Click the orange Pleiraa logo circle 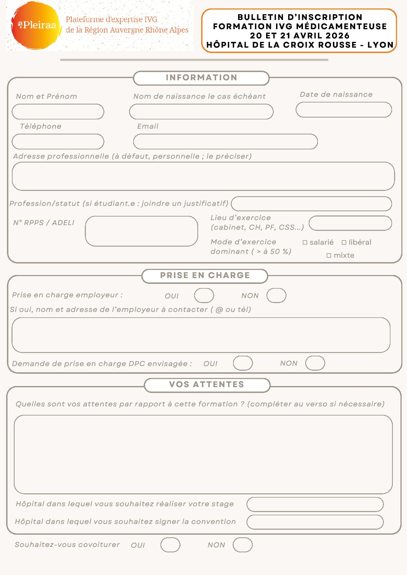pyautogui.click(x=35, y=25)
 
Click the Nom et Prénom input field pyautogui.click(x=58, y=112)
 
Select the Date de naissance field pyautogui.click(x=344, y=109)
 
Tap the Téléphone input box pyautogui.click(x=58, y=142)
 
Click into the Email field pyautogui.click(x=225, y=142)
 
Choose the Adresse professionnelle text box pyautogui.click(x=203, y=176)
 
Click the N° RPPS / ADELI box pyautogui.click(x=141, y=231)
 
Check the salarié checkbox pyautogui.click(x=305, y=242)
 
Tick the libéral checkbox pyautogui.click(x=344, y=242)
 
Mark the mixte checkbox pyautogui.click(x=329, y=255)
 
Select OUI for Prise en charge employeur pyautogui.click(x=204, y=296)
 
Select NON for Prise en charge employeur pyautogui.click(x=276, y=296)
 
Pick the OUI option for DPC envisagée pyautogui.click(x=243, y=363)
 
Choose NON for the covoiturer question pyautogui.click(x=243, y=545)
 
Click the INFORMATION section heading pyautogui.click(x=201, y=78)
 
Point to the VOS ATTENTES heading pyautogui.click(x=207, y=384)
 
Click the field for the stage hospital pyautogui.click(x=315, y=504)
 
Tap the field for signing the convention pyautogui.click(x=315, y=522)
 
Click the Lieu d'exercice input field pyautogui.click(x=350, y=223)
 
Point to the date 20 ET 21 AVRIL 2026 pyautogui.click(x=299, y=36)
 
